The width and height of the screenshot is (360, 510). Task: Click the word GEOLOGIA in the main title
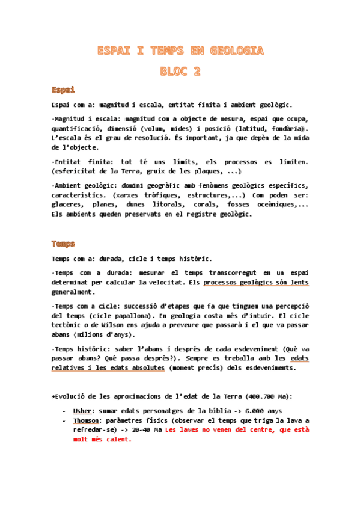[237, 51]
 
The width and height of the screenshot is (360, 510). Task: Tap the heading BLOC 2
[180, 71]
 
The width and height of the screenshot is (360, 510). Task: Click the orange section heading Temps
[63, 244]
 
